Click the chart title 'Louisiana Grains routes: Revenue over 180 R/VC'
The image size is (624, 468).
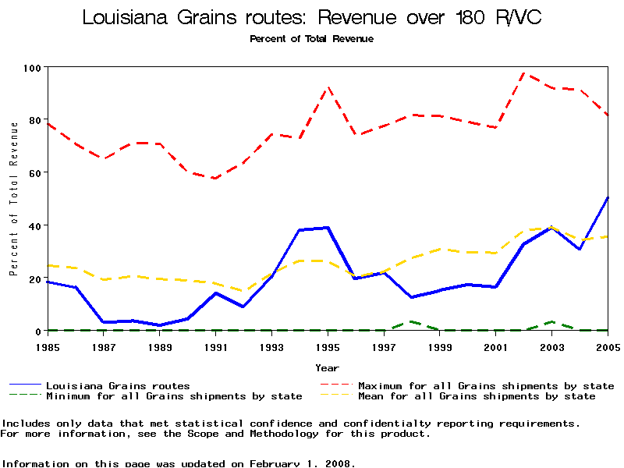(312, 17)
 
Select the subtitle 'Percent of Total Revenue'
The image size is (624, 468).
(311, 39)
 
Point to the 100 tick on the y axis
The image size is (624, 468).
(32, 68)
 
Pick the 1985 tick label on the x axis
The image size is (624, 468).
(48, 347)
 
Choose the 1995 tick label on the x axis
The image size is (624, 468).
(328, 347)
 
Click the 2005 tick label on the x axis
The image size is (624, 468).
(608, 347)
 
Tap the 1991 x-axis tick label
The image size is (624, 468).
(216, 347)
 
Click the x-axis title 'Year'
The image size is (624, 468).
(327, 367)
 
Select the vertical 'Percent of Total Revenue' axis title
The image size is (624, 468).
(13, 210)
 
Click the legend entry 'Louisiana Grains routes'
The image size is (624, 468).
(118, 385)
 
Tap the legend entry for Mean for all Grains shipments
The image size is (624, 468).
(477, 396)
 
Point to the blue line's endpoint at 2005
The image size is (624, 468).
(608, 197)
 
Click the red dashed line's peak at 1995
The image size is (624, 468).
(328, 87)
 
